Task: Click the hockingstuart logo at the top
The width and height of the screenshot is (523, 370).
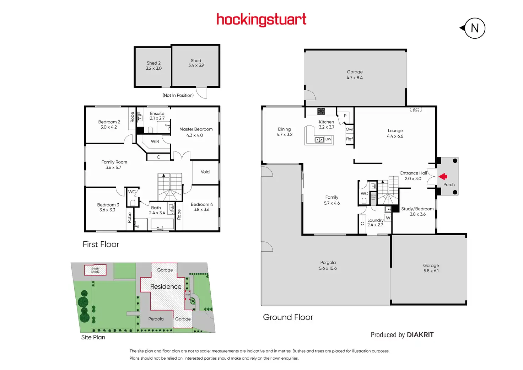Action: [x=261, y=20]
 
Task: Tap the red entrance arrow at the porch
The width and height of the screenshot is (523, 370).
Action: [x=443, y=176]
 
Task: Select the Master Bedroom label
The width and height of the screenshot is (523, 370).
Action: [x=196, y=132]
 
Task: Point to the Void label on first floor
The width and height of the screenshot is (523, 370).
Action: [x=205, y=172]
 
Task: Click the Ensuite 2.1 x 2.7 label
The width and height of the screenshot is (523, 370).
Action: [x=157, y=116]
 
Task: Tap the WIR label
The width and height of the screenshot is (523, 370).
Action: [x=155, y=141]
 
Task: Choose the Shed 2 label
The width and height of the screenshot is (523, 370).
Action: [x=153, y=65]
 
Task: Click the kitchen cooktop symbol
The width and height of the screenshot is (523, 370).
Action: [x=321, y=111]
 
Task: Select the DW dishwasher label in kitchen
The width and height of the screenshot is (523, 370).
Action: [x=328, y=139]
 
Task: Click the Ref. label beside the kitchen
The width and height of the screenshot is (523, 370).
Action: [x=350, y=139]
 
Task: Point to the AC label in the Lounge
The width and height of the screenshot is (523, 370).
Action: [x=416, y=110]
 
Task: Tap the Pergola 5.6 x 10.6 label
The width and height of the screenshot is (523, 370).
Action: [x=328, y=266]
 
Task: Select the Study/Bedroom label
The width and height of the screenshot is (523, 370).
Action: [x=417, y=211]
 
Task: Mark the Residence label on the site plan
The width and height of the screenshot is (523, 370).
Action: [x=166, y=286]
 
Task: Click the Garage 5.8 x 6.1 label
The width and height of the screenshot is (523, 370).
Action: [x=431, y=268]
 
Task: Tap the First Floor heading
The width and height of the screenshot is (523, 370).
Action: [x=101, y=244]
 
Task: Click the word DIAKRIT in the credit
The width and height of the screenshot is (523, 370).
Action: [x=420, y=335]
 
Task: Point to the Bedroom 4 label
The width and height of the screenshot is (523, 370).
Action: [x=201, y=207]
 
